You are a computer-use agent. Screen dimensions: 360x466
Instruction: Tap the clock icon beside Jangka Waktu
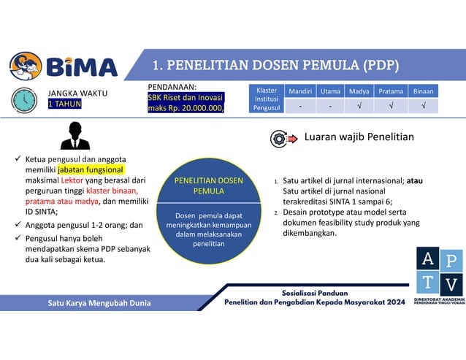(24, 99)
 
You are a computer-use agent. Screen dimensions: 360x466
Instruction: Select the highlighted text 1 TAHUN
(64, 104)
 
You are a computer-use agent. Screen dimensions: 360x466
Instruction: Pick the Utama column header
(330, 91)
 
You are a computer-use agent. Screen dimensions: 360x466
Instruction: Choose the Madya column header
(359, 91)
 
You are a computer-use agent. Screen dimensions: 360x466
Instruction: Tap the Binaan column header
(423, 91)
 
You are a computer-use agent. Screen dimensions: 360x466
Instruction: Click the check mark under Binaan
(423, 107)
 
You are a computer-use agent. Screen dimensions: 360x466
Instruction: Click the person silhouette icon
(75, 135)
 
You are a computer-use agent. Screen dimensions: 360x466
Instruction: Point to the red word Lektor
(61, 180)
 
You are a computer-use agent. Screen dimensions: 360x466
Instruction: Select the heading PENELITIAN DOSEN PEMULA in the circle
(208, 185)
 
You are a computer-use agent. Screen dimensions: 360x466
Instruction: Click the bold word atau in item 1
(414, 180)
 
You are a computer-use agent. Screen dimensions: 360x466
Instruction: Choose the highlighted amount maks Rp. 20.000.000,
(186, 109)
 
